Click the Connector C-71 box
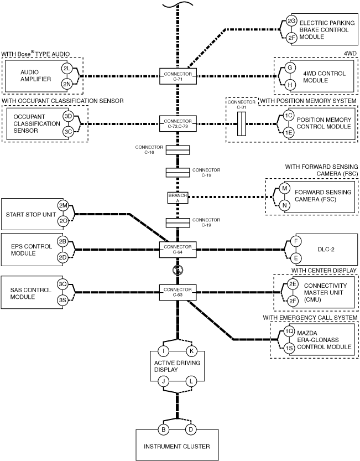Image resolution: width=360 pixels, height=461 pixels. pos(178,76)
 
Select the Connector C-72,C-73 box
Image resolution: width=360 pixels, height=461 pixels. pos(178,124)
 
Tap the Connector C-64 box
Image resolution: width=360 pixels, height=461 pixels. pos(178,250)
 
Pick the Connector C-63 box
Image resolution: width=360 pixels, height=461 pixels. pos(178,293)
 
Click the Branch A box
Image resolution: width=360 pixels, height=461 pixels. pos(178,198)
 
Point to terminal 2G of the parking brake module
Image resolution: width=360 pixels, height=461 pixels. pos(291,20)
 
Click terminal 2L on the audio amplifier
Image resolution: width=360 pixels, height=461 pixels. pos(67,69)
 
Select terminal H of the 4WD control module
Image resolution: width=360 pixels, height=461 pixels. pos(290,85)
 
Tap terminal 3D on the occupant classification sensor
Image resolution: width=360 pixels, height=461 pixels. pos(68,116)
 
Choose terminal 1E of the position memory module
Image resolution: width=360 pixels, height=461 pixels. pos(289,133)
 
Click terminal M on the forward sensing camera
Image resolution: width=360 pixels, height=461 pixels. pos(284,188)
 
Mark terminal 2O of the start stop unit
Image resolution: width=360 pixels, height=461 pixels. pos(63,222)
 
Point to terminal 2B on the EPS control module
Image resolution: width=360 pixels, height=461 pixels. pos(62,242)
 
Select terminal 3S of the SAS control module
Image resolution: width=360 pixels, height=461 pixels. pos(63,301)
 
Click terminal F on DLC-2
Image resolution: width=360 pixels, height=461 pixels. pos(296,242)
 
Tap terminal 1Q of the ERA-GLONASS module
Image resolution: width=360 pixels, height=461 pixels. pos(289,331)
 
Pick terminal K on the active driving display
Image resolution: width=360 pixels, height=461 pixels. pos(191,351)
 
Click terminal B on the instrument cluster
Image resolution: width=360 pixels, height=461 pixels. pos(163,429)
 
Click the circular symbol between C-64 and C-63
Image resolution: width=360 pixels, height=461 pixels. pos(178,270)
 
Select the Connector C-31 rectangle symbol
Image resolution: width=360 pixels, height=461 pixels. pos(242,124)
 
